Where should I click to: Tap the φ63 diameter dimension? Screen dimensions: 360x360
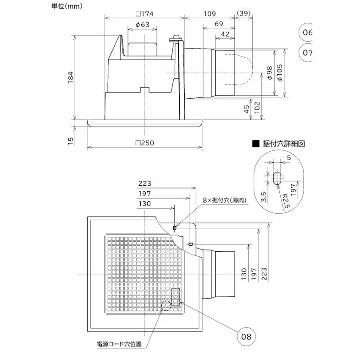(142, 24)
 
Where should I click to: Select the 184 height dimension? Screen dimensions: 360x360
(70, 78)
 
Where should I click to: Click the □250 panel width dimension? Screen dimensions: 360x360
(144, 143)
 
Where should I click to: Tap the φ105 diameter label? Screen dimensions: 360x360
(279, 73)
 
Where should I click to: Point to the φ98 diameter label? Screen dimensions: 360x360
(269, 73)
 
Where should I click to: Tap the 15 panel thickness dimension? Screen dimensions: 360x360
(70, 140)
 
